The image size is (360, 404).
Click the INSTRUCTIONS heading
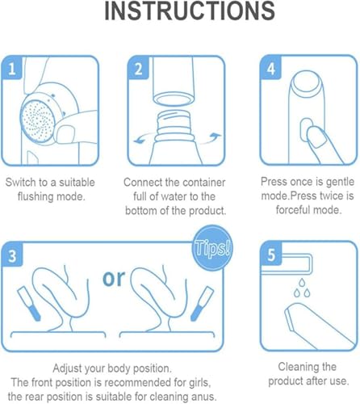[x=190, y=11]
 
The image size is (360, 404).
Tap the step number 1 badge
[x=12, y=69]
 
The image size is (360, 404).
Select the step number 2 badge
[x=138, y=69]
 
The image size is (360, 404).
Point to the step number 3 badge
[x=12, y=255]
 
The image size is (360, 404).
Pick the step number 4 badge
[x=271, y=68]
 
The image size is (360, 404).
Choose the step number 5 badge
[x=271, y=254]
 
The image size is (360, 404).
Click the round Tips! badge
[x=212, y=248]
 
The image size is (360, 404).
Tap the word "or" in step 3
[x=114, y=278]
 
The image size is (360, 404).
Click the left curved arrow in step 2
[x=144, y=138]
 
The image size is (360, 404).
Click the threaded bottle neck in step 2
[x=174, y=126]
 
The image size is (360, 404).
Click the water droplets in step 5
[x=302, y=288]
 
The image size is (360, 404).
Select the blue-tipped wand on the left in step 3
[x=28, y=304]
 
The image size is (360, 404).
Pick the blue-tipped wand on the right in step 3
[x=202, y=304]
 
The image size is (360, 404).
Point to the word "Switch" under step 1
[x=21, y=183]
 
